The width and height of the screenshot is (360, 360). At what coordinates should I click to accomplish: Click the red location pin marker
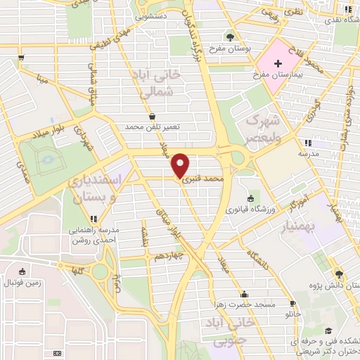[x=180, y=165]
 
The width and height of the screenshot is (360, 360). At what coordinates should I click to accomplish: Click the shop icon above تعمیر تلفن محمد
[x=153, y=116]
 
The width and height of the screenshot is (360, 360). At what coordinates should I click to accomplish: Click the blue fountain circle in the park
[x=47, y=160]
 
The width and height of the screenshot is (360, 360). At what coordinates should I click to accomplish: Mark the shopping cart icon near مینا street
[x=22, y=57]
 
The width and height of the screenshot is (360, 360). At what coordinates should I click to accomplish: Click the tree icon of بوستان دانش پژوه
[x=340, y=274]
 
